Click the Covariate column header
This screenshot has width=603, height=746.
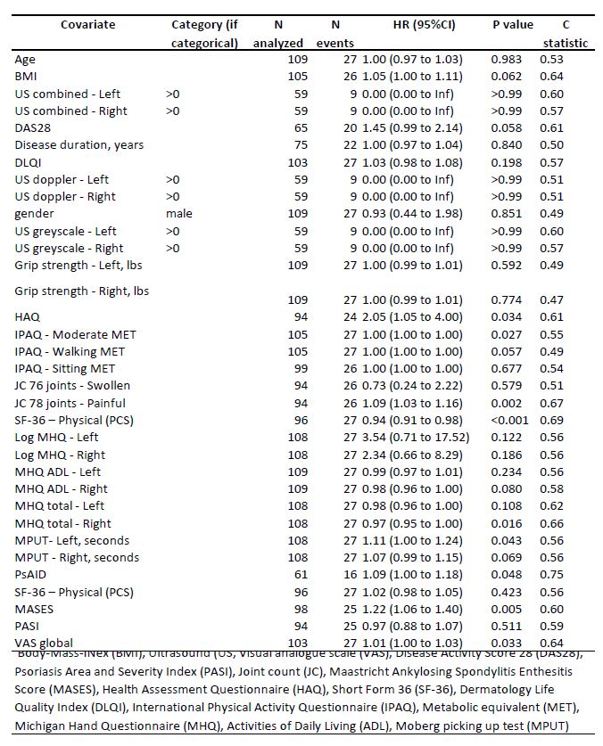(x=87, y=24)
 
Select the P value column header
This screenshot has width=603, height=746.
(x=513, y=24)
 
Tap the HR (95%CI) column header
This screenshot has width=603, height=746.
(x=419, y=24)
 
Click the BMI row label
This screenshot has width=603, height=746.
(x=25, y=77)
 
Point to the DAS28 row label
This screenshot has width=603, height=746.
(x=31, y=128)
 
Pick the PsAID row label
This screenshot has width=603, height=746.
(x=30, y=574)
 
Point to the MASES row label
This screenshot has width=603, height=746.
(x=32, y=608)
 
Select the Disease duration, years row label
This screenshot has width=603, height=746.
(x=79, y=145)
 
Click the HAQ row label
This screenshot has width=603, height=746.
(x=27, y=316)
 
